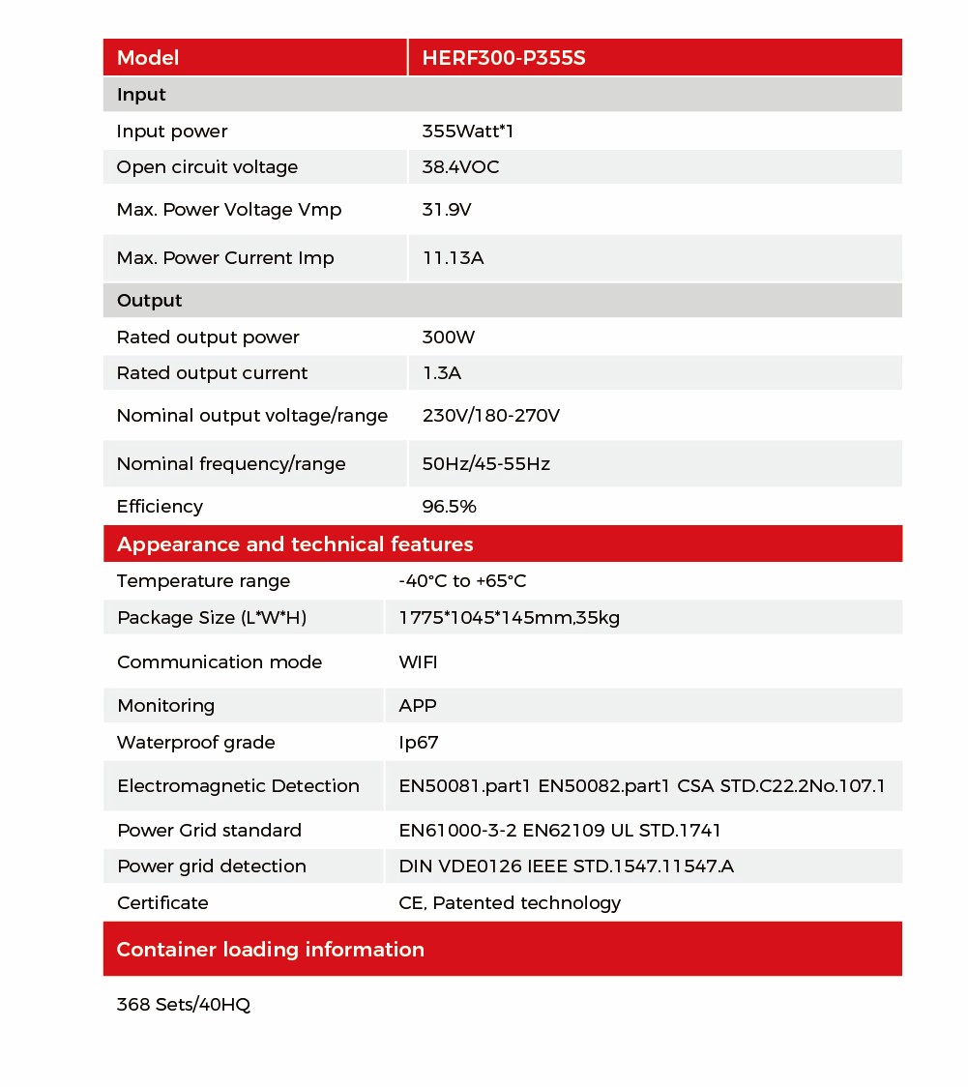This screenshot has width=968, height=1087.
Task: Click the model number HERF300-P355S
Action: click(x=503, y=58)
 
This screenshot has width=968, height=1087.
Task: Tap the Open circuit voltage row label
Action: click(x=207, y=167)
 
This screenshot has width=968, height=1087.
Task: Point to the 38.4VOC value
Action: click(x=460, y=167)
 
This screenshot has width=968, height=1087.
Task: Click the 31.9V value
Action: click(x=447, y=210)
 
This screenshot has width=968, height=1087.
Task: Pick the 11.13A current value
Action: click(x=453, y=258)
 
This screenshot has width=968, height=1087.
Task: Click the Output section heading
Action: click(x=149, y=301)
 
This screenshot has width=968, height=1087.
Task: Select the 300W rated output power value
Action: click(x=449, y=338)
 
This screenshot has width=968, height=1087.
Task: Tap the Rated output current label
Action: click(x=212, y=373)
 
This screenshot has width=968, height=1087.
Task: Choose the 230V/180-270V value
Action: click(x=490, y=416)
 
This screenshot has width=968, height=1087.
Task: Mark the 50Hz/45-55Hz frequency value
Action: click(x=485, y=464)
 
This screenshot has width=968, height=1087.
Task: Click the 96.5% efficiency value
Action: click(x=449, y=507)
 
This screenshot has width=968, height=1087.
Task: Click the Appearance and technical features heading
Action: click(x=295, y=544)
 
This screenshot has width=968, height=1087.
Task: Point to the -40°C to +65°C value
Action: click(x=462, y=581)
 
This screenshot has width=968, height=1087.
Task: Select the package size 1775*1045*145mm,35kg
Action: click(x=509, y=618)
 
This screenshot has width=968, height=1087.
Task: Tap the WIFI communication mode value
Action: click(x=418, y=662)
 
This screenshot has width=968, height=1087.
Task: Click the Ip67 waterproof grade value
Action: click(x=419, y=743)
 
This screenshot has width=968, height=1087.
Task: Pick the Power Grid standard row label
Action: click(x=209, y=831)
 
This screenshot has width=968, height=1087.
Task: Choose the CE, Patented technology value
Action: click(x=510, y=903)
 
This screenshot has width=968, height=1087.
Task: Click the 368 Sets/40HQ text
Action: click(x=183, y=1005)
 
